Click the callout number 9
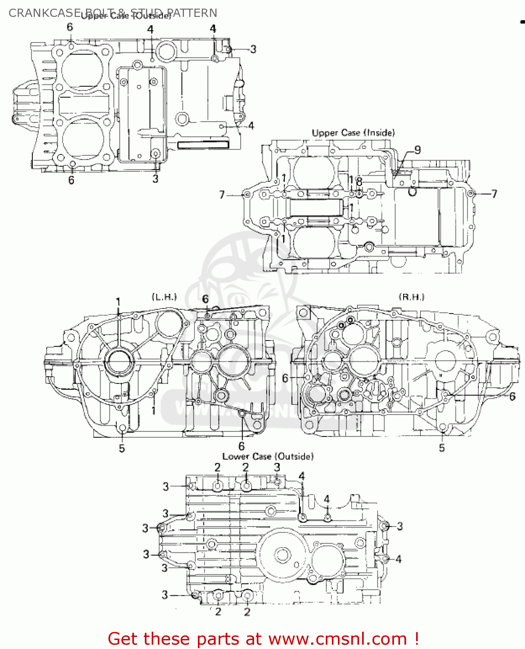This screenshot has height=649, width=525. pos(417,150)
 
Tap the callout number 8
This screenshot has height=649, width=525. pos(359,182)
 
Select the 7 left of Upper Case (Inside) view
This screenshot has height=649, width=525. pos(222,195)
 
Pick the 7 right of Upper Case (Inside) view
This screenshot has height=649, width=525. pos(494,194)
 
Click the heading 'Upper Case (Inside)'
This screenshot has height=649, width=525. pos(353,133)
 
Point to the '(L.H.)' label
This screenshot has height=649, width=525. pos(164,297)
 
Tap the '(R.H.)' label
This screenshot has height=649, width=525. pos(411,297)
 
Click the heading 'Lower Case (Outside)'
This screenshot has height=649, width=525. pos(268,456)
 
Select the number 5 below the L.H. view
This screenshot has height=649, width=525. pos(122,449)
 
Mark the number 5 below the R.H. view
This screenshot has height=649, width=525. pos(442,448)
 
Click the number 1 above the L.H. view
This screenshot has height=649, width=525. pos(118,302)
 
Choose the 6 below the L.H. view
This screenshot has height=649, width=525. pos(242,446)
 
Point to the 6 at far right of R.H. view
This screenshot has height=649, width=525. pos(512,396)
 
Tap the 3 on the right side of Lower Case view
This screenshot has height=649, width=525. pos(400,526)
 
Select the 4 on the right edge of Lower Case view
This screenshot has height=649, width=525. pos(398,559)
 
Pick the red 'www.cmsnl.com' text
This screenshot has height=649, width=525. pos(337,639)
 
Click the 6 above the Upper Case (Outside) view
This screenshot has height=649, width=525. pos(70,27)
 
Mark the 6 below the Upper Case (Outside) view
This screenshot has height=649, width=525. pos(71,180)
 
